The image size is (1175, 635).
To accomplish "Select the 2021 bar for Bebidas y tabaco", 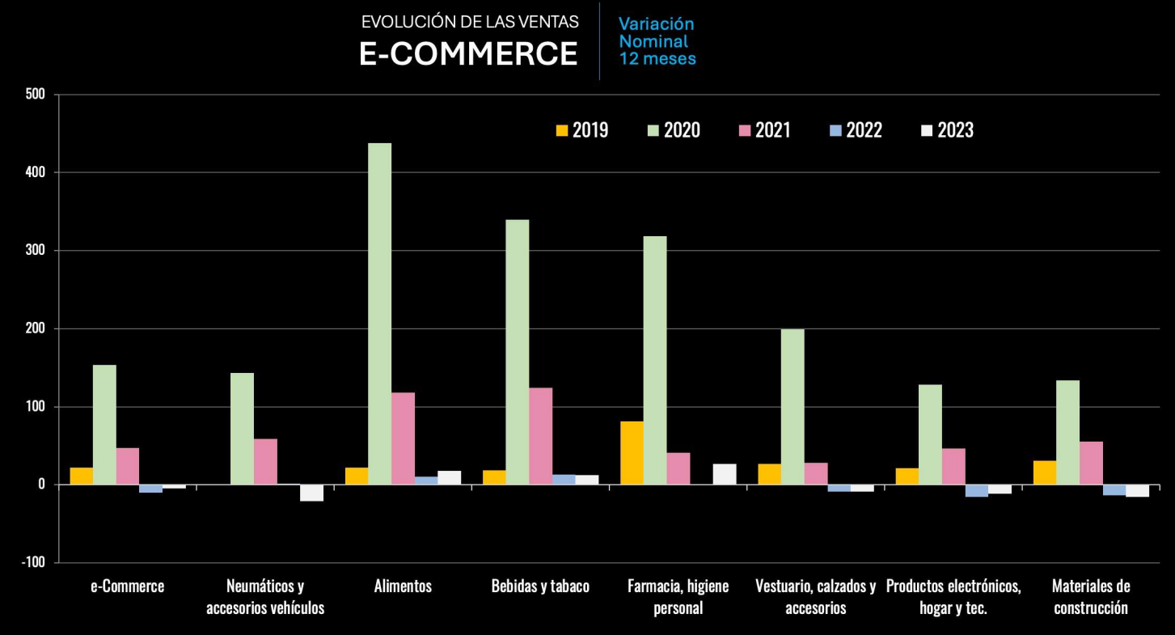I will coord(540,436).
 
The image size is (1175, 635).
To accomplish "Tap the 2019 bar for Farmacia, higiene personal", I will coord(632,453).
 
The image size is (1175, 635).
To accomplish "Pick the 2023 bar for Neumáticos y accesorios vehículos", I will coord(311,493).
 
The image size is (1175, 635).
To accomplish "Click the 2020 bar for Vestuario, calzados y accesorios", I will coord(792,407).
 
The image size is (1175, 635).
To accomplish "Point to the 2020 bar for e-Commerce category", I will coord(104,425).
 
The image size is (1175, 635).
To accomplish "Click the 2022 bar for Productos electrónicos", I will coord(976,490).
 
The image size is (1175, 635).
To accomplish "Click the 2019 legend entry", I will coord(581,130).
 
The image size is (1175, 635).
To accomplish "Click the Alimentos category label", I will coord(403,586).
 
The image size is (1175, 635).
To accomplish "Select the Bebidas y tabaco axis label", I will coord(540,586).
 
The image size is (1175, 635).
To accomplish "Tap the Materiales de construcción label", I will coord(1091,596).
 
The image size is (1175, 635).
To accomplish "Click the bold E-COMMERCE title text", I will coord(468,53).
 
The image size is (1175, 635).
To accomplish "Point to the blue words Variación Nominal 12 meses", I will coord(657,41).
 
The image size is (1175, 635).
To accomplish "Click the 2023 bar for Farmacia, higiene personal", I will coord(725,474).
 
